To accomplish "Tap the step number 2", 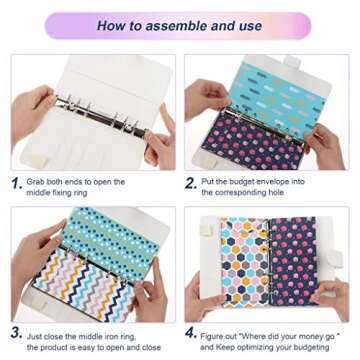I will click(x=191, y=183).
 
